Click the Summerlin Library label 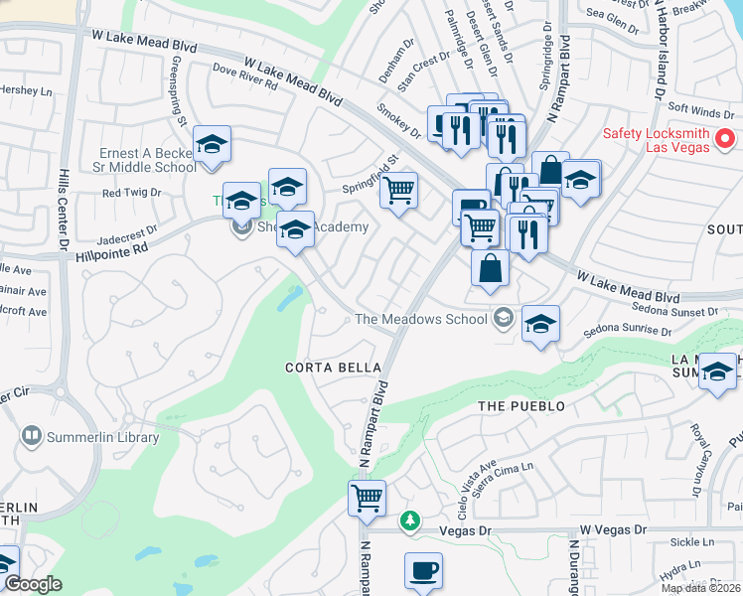(101, 437)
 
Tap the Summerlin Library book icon (32, 436)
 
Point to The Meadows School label (422, 319)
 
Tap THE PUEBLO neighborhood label (520, 406)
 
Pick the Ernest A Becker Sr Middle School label (147, 160)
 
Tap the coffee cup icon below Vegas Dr (423, 571)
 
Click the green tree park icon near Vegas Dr (409, 521)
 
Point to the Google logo (32, 583)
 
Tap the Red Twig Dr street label (131, 193)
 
